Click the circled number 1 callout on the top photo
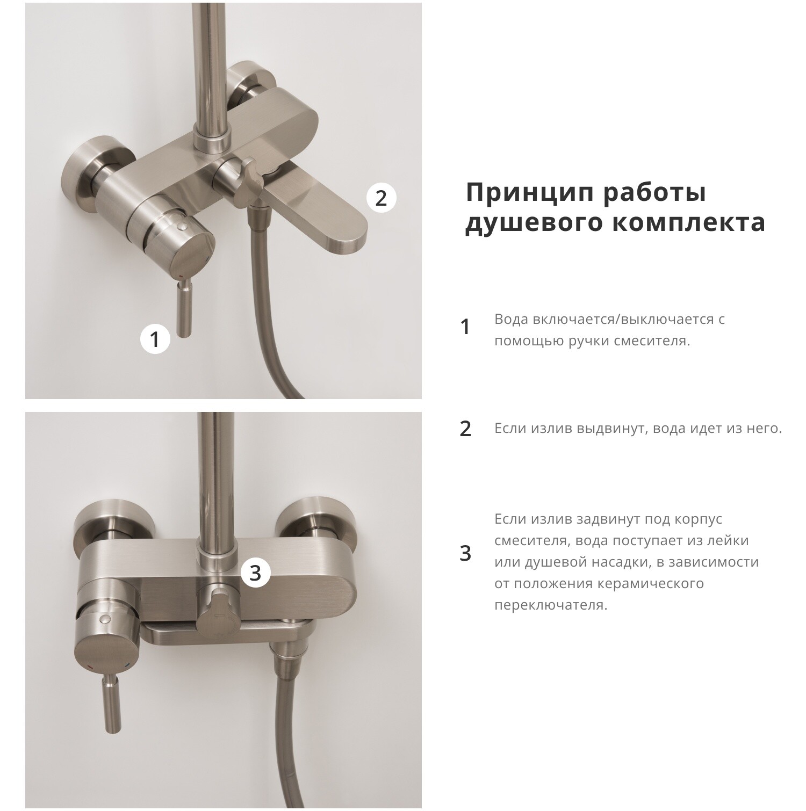[x=155, y=339]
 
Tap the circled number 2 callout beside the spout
[x=381, y=198]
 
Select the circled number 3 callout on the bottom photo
[x=255, y=573]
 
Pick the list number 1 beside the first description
[x=465, y=327]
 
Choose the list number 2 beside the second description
[x=465, y=429]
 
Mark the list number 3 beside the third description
[x=465, y=553]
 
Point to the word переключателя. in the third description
[x=551, y=605]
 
